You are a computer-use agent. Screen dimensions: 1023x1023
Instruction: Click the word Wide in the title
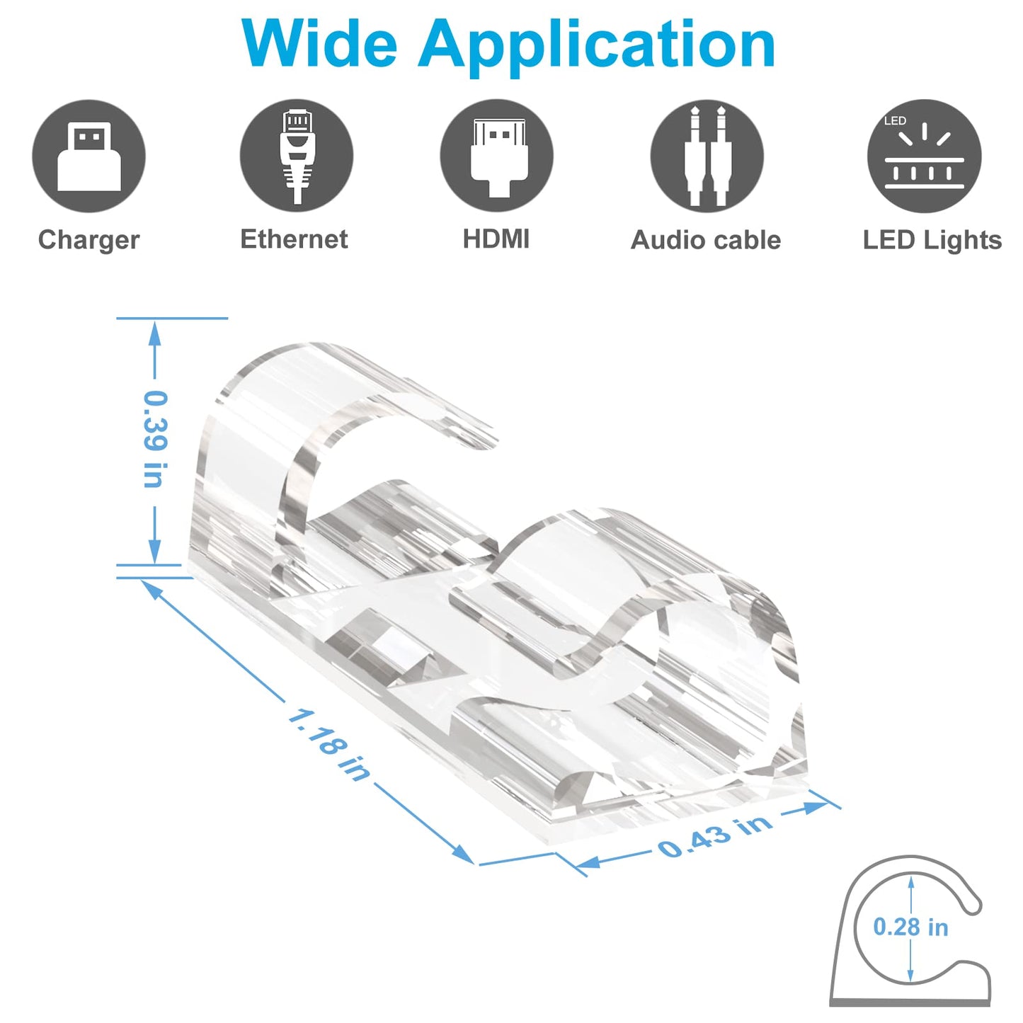pyautogui.click(x=319, y=44)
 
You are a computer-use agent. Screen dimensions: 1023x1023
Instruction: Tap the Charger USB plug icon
pyautogui.click(x=88, y=156)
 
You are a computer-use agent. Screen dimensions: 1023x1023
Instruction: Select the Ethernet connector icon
pyautogui.click(x=296, y=156)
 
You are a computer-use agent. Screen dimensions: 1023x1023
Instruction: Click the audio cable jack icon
pyautogui.click(x=707, y=156)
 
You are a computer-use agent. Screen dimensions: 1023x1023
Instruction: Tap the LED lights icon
pyautogui.click(x=924, y=156)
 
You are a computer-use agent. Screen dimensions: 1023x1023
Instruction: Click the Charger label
pyautogui.click(x=88, y=240)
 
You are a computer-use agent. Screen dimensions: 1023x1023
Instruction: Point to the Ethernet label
pyautogui.click(x=294, y=239)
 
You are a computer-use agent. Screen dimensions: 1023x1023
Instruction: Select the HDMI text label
pyautogui.click(x=496, y=239)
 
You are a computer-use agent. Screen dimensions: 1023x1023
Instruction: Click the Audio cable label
pyautogui.click(x=706, y=240)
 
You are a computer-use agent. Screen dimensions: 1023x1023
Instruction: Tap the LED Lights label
pyautogui.click(x=932, y=240)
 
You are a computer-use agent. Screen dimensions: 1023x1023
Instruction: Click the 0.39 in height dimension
pyautogui.click(x=155, y=439)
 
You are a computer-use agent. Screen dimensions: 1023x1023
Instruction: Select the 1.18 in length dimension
pyautogui.click(x=328, y=745)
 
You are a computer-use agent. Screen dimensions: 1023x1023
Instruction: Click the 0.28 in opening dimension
pyautogui.click(x=910, y=927)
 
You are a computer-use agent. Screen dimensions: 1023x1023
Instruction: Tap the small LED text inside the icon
pyautogui.click(x=895, y=121)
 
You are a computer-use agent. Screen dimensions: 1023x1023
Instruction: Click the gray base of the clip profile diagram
pyautogui.click(x=910, y=1002)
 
